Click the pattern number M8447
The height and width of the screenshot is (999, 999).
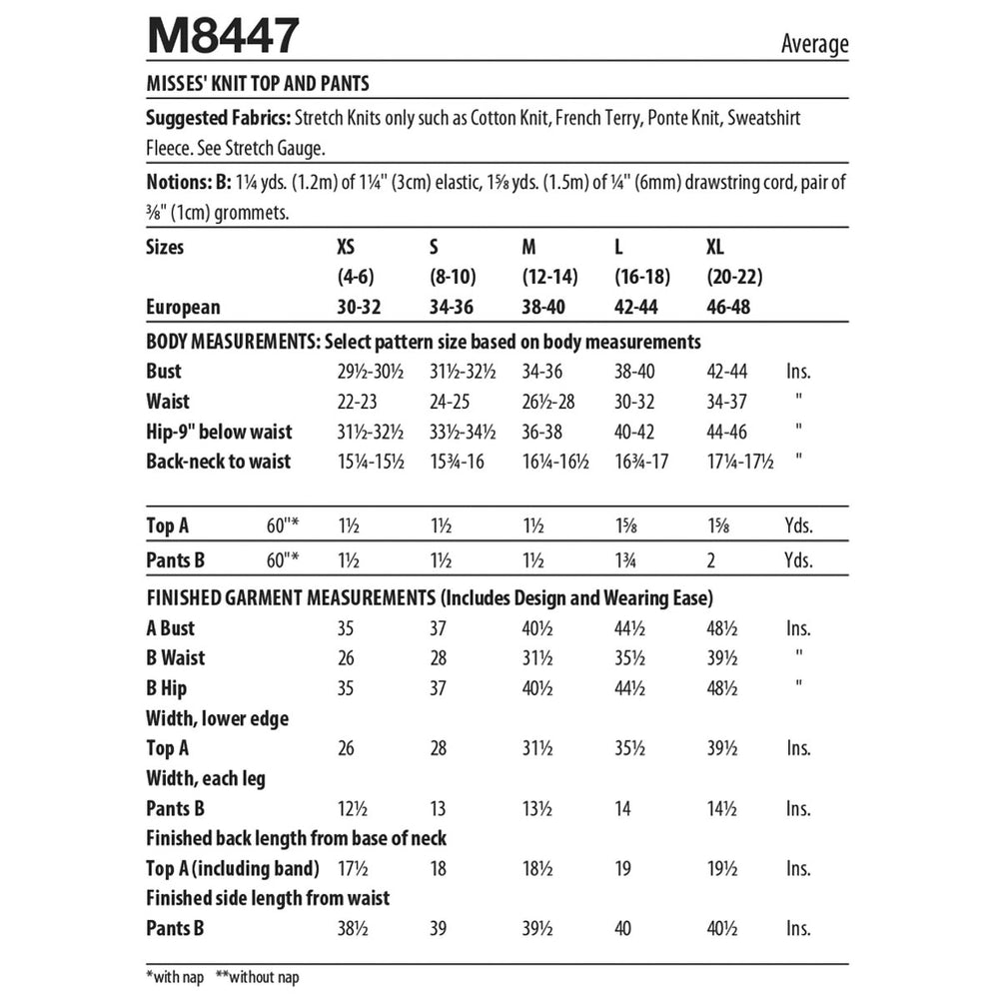tap(222, 38)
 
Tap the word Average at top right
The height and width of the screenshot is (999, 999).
tap(814, 44)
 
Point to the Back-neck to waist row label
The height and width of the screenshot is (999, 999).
tap(219, 462)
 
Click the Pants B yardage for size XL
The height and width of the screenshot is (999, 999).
tap(710, 561)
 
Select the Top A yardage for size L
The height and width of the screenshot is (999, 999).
tap(624, 525)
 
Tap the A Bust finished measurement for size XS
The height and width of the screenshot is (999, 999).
tap(348, 629)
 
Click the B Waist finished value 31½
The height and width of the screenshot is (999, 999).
tap(537, 658)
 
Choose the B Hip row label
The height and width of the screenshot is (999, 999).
tap(167, 688)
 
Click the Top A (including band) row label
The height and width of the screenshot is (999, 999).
tap(233, 868)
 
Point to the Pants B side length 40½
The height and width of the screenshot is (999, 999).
tap(722, 929)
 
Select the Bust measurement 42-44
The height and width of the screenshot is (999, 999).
tap(726, 372)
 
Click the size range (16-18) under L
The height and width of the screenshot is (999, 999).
tap(642, 277)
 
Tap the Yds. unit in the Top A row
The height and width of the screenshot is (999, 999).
tap(798, 525)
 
